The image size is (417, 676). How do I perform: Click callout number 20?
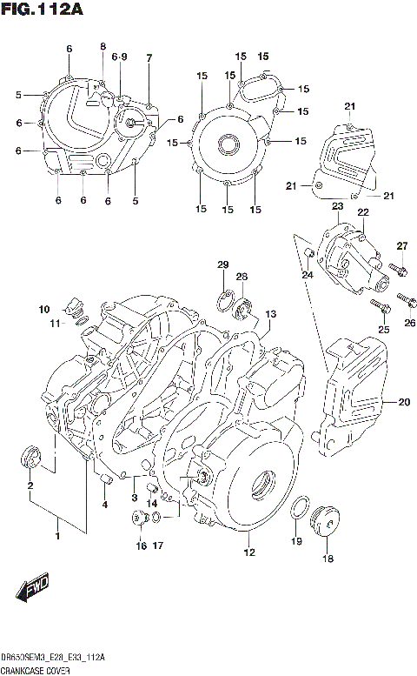click(402, 402)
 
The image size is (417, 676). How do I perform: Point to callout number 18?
click(328, 559)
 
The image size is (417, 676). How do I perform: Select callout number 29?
click(222, 264)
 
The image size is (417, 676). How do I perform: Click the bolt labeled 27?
click(398, 270)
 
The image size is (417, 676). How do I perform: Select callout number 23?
click(336, 205)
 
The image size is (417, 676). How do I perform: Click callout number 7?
click(149, 57)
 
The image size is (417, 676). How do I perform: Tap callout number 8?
click(103, 46)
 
